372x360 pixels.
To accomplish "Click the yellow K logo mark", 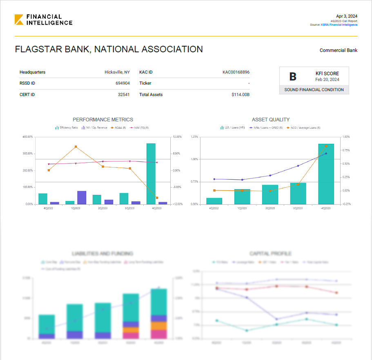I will point(19,20).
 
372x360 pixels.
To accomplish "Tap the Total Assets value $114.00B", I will point(240,95).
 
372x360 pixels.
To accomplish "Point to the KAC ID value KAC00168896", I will point(236,72).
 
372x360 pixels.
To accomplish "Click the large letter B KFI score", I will point(292,76).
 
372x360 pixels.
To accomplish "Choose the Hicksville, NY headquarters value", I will point(117,72).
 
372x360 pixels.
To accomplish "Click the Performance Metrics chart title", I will point(103,120).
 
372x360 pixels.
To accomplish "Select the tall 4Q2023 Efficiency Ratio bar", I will point(151,173).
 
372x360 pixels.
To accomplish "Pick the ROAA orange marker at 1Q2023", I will point(76,147).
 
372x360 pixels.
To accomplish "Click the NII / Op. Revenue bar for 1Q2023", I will point(82,197).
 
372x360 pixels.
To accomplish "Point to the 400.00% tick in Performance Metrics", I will point(27,137).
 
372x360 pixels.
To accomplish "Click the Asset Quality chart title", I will point(271,120).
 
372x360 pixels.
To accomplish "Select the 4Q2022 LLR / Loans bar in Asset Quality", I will point(214,201).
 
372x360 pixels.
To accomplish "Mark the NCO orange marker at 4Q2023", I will point(326,146).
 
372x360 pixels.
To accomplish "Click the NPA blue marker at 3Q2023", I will point(298,166).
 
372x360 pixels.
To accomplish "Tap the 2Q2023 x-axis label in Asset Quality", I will point(270,208).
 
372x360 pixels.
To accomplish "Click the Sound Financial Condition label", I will point(314,90).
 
